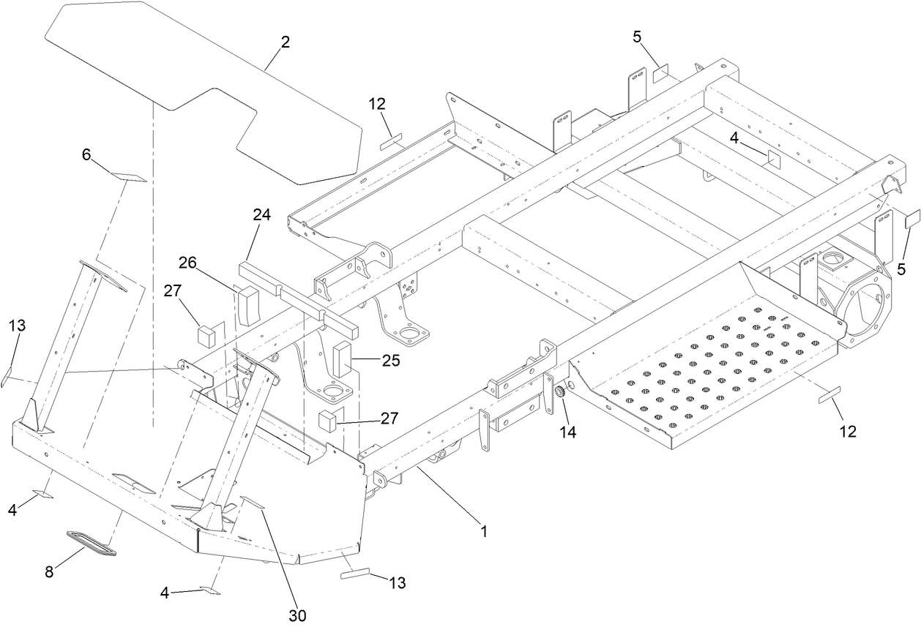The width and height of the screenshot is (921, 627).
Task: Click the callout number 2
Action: [286, 42]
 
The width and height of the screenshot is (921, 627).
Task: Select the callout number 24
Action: [262, 215]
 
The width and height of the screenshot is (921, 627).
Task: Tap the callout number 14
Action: [568, 432]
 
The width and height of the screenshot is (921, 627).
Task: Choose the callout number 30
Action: [297, 615]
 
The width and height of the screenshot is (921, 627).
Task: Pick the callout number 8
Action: [49, 572]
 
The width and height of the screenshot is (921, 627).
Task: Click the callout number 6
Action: [86, 154]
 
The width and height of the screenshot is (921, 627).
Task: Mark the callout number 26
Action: [187, 262]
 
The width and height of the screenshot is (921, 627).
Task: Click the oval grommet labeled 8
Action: [89, 543]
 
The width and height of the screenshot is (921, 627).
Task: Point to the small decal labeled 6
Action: [129, 178]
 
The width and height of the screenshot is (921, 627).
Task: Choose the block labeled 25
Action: [343, 358]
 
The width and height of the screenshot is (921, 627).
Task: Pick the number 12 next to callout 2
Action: [377, 104]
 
